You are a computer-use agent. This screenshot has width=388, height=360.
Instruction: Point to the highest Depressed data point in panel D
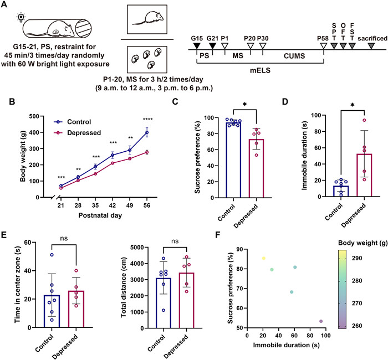(349, 136)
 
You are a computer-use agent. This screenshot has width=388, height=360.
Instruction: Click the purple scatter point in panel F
(321, 321)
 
